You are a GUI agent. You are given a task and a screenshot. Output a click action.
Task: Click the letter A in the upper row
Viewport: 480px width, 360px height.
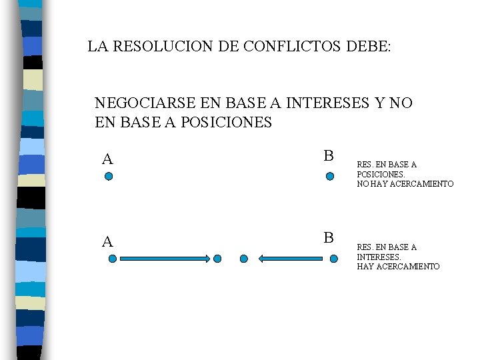(x=107, y=159)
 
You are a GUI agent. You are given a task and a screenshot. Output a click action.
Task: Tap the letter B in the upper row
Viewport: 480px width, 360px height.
(x=328, y=156)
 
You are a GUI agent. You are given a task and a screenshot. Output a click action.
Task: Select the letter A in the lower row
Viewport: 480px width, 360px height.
(x=107, y=241)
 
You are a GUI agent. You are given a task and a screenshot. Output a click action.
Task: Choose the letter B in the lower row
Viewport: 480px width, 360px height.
(x=328, y=238)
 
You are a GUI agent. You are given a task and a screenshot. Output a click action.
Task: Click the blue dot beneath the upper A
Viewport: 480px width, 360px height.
(x=109, y=177)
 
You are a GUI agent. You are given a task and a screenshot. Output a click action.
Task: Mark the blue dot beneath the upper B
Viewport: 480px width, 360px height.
(x=329, y=177)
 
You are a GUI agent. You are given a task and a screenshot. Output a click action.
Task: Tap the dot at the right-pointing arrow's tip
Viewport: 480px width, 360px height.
(x=218, y=259)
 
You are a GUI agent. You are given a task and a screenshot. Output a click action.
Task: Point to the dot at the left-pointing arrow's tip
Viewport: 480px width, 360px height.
(x=244, y=259)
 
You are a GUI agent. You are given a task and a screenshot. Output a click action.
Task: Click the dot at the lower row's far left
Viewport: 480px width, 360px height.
(x=112, y=259)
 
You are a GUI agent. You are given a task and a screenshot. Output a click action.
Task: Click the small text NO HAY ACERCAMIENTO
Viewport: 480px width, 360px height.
(x=405, y=183)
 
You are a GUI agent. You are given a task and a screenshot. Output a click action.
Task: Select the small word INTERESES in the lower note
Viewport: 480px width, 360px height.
(x=379, y=257)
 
